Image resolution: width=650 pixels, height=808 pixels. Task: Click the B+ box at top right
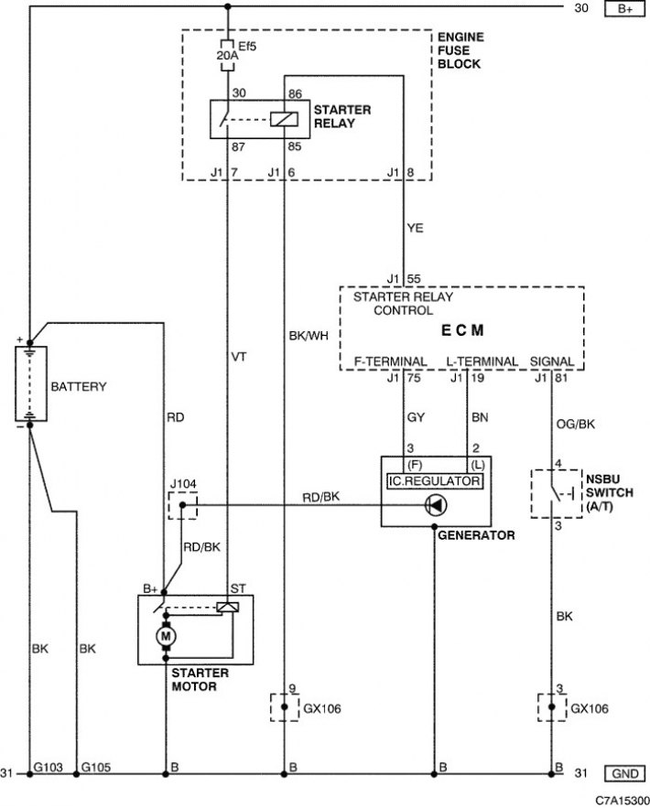pyautogui.click(x=624, y=9)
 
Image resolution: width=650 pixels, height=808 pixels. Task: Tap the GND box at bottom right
pyautogui.click(x=624, y=773)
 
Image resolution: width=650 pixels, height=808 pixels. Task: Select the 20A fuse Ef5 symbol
pyautogui.click(x=227, y=55)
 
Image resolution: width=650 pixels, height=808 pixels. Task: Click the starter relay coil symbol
pyautogui.click(x=284, y=119)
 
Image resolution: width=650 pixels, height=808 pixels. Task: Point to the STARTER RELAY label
pyautogui.click(x=342, y=116)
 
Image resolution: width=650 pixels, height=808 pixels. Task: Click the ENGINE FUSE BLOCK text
pyautogui.click(x=460, y=50)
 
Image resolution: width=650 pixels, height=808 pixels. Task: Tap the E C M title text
pyautogui.click(x=462, y=330)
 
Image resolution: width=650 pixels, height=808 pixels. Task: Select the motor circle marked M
pyautogui.click(x=166, y=636)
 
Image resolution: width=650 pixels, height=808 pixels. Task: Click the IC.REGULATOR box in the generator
pyautogui.click(x=435, y=481)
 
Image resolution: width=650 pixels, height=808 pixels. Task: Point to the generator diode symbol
pyautogui.click(x=436, y=505)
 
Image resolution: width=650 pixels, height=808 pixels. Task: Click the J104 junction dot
pyautogui.click(x=182, y=505)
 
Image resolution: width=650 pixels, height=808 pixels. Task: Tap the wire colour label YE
pyautogui.click(x=415, y=228)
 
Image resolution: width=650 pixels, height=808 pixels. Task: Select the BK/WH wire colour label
pyautogui.click(x=309, y=336)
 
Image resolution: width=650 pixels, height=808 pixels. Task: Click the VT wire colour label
pyautogui.click(x=239, y=357)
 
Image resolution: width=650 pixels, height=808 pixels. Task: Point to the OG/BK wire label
pyautogui.click(x=575, y=424)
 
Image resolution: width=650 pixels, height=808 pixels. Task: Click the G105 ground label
pyautogui.click(x=96, y=768)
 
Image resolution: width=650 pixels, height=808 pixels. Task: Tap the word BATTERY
pyautogui.click(x=79, y=386)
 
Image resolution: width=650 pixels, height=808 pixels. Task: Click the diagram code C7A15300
pyautogui.click(x=623, y=801)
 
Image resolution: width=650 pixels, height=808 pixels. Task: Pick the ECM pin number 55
pyautogui.click(x=414, y=279)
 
